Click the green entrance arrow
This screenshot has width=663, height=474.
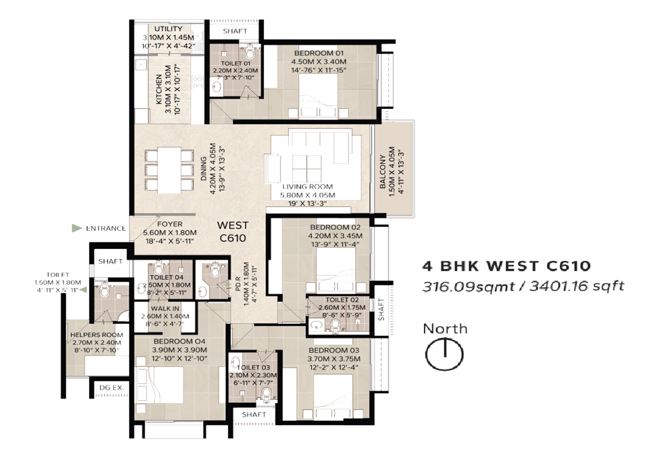pos(77,228)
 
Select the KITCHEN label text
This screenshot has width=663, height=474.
pos(159,90)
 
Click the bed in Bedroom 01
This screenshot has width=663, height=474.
pos(318,95)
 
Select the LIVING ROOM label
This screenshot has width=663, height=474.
pos(307,187)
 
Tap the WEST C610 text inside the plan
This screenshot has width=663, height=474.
pos(233,232)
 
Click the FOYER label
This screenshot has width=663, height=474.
pos(170,224)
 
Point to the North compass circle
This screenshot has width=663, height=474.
pos(444,355)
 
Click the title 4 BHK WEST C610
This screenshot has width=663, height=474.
pos(506,266)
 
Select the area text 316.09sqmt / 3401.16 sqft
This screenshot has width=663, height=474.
pos(523,286)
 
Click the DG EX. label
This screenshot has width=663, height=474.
pos(111,388)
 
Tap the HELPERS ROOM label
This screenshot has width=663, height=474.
pos(97,335)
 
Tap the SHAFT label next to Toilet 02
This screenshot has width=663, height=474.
pos(382,310)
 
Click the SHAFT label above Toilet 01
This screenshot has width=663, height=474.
pos(235,31)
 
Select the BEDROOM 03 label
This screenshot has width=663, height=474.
pos(334,351)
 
